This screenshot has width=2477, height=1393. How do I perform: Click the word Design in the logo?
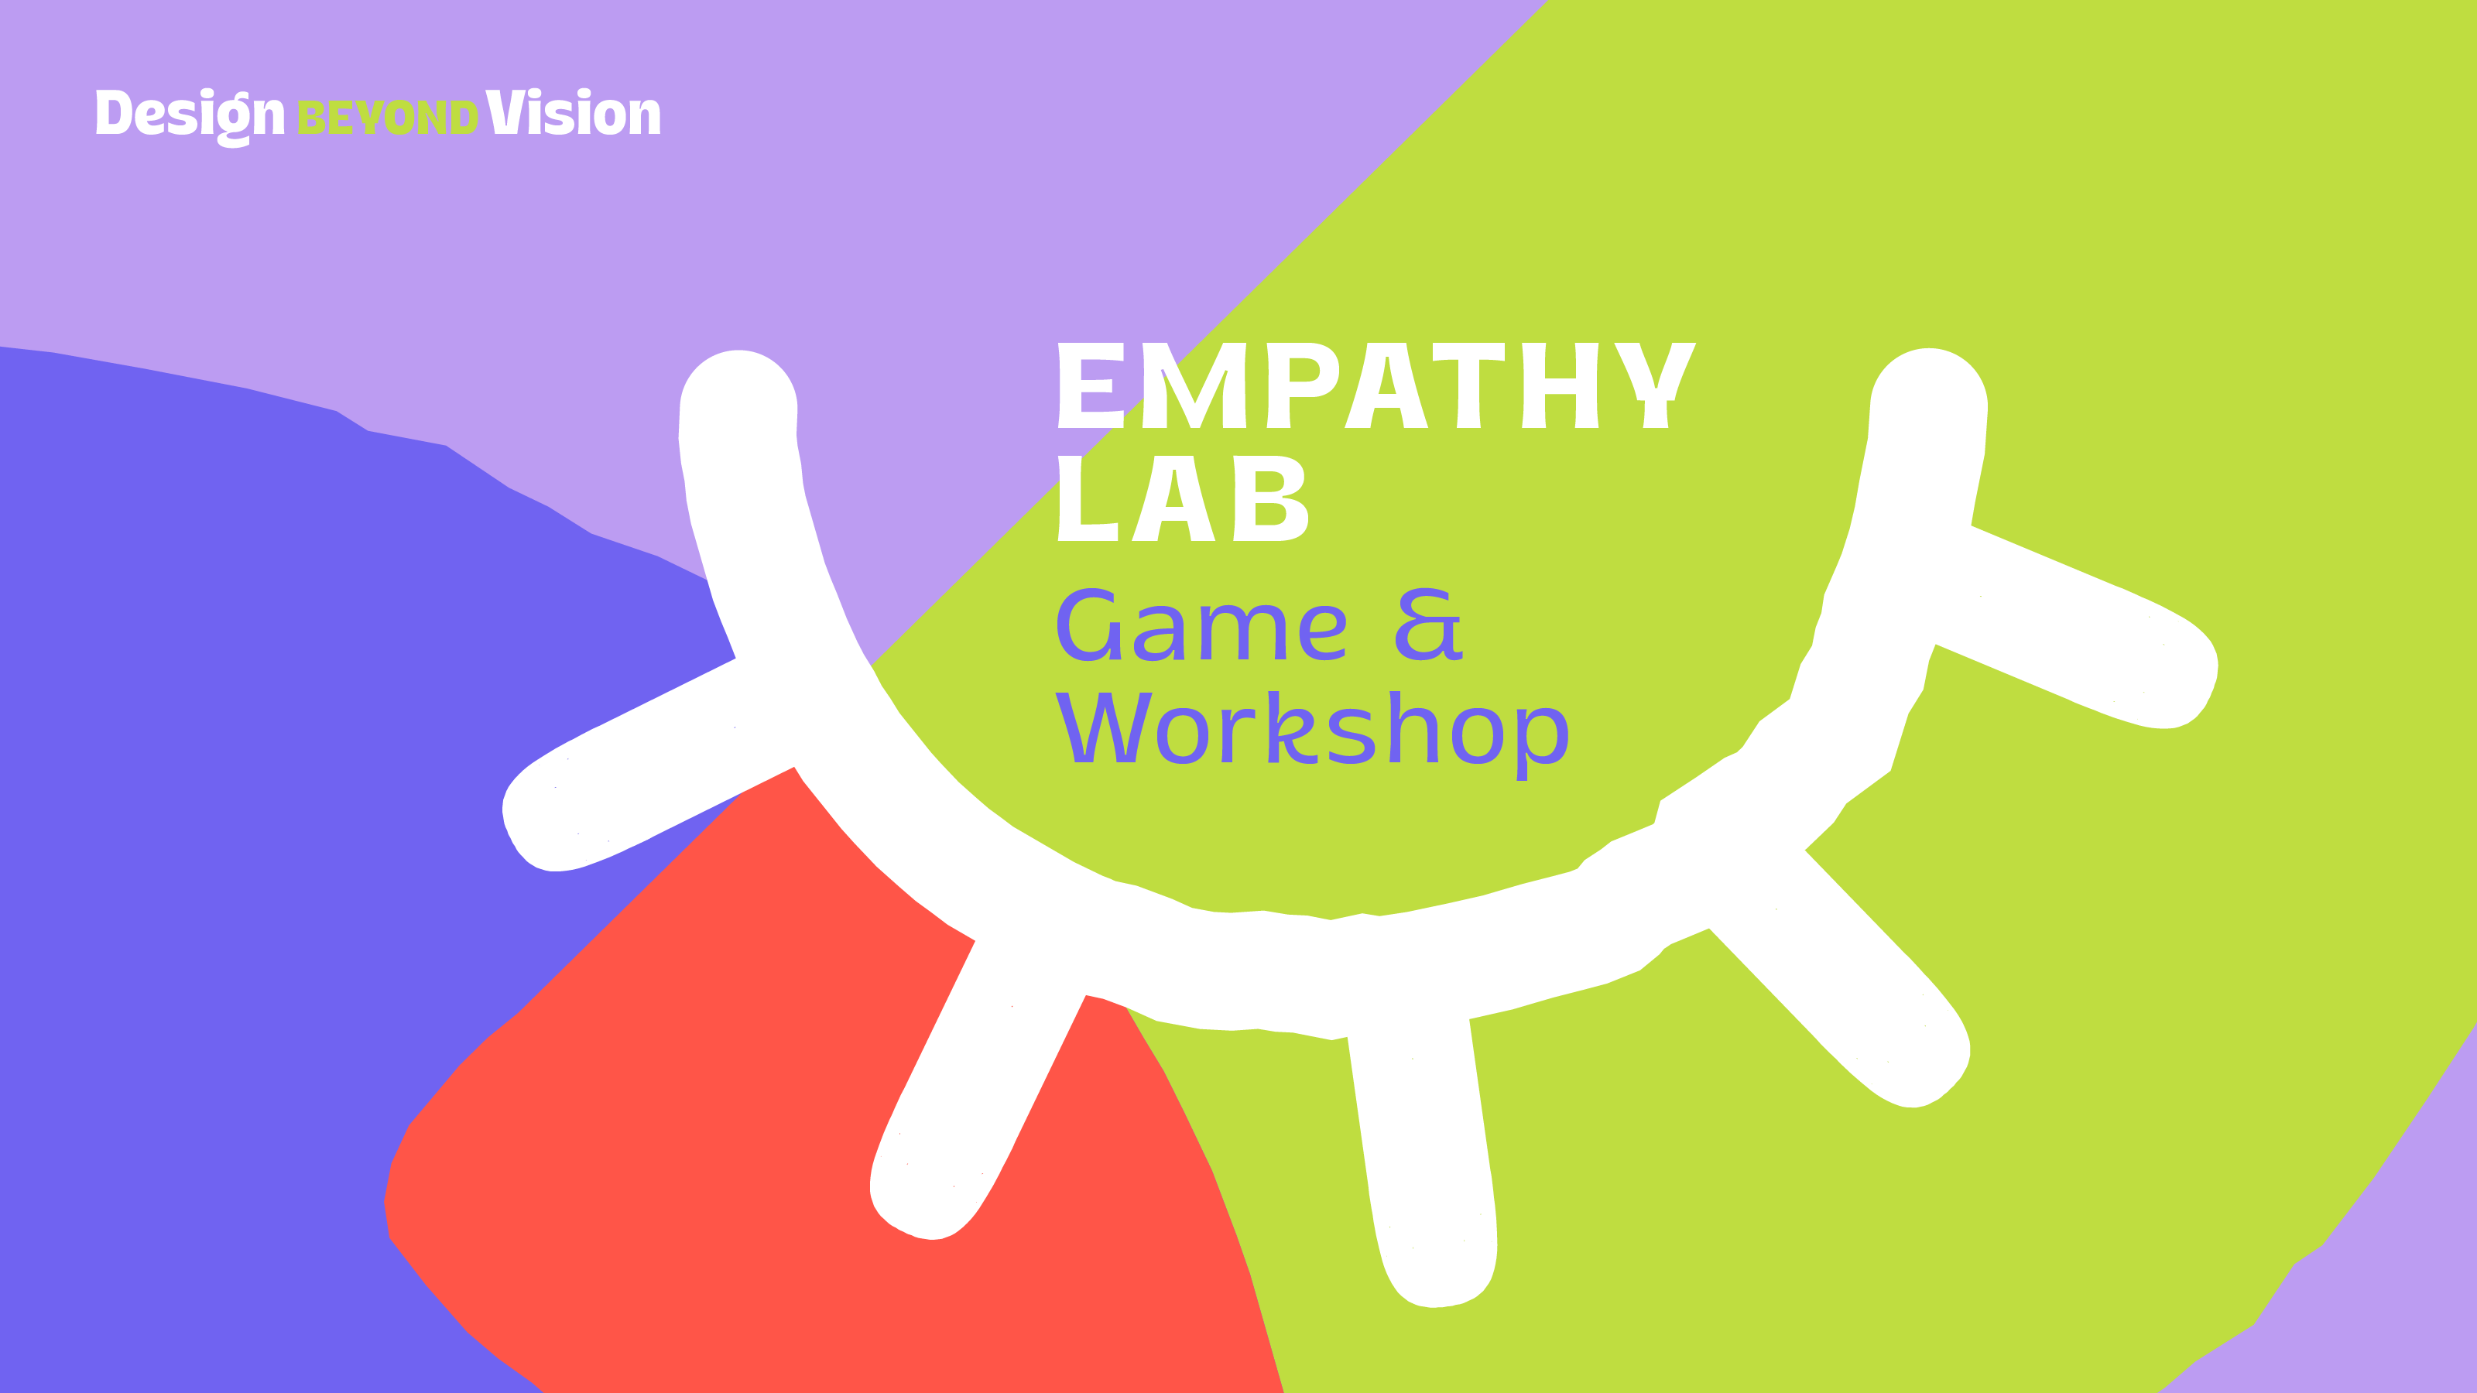pyautogui.click(x=190, y=116)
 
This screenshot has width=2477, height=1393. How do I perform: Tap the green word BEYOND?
pyautogui.click(x=388, y=118)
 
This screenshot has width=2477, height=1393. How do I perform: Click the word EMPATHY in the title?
pyautogui.click(x=1376, y=385)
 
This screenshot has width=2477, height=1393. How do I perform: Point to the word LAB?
pyautogui.click(x=1183, y=498)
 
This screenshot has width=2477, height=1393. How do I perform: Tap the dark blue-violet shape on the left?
pyautogui.click(x=241, y=865)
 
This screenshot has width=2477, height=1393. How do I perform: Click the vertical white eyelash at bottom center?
pyautogui.click(x=1424, y=1163)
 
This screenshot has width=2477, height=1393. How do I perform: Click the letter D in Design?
pyautogui.click(x=114, y=112)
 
